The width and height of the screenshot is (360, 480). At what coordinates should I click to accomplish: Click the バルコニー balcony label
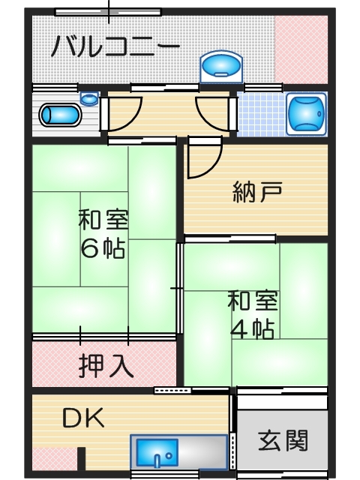pos(115,46)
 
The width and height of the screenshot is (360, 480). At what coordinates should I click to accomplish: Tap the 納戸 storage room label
pos(257,192)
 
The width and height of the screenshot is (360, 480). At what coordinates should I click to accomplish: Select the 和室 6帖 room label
pos(103,233)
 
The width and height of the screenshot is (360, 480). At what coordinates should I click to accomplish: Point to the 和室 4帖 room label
pos(253,315)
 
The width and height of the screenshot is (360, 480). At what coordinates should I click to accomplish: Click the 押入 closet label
pos(106,366)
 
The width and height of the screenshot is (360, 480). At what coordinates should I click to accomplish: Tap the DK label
pos(83,418)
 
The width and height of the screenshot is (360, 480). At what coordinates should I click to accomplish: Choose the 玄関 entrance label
pos(283,441)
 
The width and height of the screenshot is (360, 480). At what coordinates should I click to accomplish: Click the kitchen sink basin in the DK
pos(157,453)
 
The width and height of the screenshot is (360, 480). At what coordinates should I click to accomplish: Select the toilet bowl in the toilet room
pos(60,115)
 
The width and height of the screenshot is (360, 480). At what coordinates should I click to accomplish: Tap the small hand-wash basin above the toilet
pos(89,98)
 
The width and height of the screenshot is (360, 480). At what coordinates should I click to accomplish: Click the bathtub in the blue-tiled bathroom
pos(306,114)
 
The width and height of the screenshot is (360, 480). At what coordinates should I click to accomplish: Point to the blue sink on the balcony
pos(221,67)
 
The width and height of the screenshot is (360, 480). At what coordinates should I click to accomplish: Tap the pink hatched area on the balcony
pos(301,49)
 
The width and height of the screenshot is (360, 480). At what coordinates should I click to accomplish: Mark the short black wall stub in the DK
pos(81,458)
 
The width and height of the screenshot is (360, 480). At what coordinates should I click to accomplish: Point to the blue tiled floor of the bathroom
pos(262,114)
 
